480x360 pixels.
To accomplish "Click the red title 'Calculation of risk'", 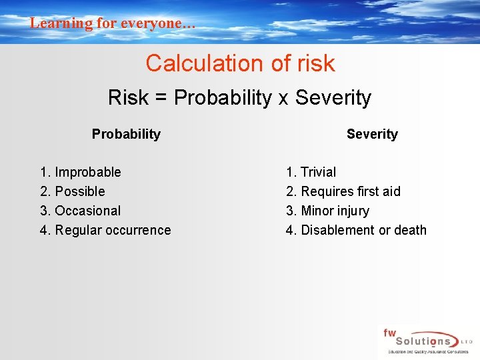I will [240, 63].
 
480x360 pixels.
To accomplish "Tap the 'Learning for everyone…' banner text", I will [113, 23].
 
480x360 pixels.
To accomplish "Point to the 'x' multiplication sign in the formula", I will [283, 99].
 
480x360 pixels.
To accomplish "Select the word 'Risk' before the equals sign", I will [128, 98].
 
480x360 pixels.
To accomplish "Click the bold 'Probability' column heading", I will [126, 134].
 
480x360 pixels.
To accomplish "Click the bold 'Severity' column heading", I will [372, 134].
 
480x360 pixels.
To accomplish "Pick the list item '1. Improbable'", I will [81, 172].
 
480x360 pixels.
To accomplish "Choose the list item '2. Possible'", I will [73, 191].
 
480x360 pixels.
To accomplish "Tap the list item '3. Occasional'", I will [81, 211].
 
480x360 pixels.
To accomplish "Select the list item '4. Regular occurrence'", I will [105, 230].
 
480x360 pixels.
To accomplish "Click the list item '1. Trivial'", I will [311, 172].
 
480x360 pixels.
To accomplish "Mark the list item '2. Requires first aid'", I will [343, 191].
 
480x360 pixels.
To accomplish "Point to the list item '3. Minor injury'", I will [327, 211].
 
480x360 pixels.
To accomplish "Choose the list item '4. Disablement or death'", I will [356, 230].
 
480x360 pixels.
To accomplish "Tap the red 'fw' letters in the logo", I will [389, 332].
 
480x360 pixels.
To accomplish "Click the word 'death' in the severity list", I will [410, 230].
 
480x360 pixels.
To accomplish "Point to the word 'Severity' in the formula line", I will [333, 98].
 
